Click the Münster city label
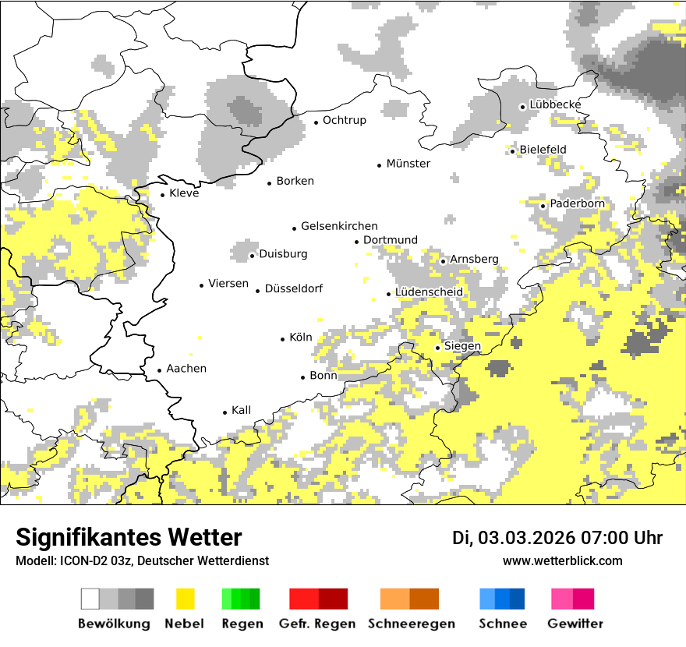tap(408, 164)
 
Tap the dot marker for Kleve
tap(162, 195)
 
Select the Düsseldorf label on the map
tap(293, 289)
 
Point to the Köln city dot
tap(283, 339)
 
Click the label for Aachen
tap(186, 369)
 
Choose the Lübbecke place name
tap(555, 104)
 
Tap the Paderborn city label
tap(577, 204)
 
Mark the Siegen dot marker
tap(437, 348)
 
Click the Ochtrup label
tap(344, 120)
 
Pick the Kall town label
tap(241, 410)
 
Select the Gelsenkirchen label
tap(339, 226)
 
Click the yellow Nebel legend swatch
tap(186, 599)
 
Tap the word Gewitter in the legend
tap(575, 624)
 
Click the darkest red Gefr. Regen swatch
tap(333, 599)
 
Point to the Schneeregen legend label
tap(412, 624)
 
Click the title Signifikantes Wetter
tap(129, 538)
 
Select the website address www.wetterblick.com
tap(562, 561)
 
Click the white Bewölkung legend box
tap(90, 599)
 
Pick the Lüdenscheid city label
tap(429, 292)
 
